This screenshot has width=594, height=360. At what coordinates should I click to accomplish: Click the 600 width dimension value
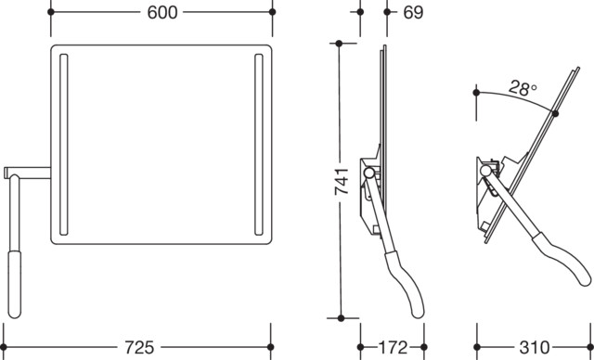coord(161,12)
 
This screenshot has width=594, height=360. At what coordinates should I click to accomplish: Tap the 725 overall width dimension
coord(139,347)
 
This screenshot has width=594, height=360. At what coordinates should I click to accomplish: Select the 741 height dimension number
coord(342,181)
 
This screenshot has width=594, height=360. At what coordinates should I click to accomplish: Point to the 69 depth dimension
coord(413,12)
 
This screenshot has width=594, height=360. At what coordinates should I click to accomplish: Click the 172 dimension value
coord(393,347)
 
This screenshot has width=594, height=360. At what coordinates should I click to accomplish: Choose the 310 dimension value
coord(535,347)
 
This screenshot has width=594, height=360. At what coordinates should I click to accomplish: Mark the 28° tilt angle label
coord(523,88)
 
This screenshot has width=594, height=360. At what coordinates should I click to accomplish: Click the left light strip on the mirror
coord(64,145)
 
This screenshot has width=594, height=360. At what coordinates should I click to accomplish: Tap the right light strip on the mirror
coord(259,145)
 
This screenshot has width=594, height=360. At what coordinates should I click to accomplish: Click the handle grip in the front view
coord(15,284)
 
